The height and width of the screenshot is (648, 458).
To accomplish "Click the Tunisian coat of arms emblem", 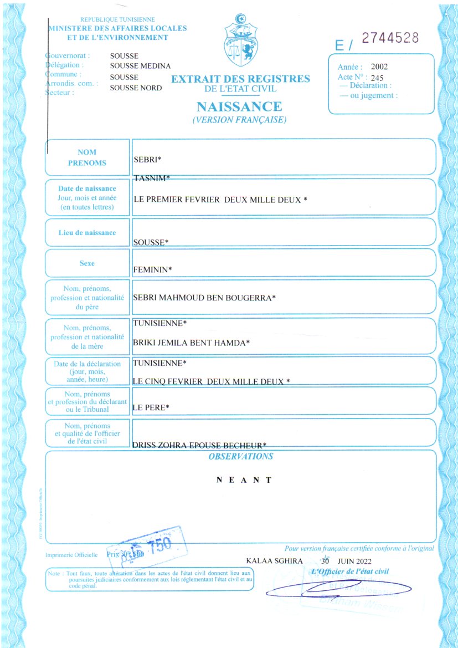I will pyautogui.click(x=240, y=38).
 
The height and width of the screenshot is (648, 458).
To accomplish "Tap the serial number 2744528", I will pyautogui.click(x=390, y=38).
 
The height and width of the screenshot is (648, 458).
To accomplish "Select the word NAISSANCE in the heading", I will pyautogui.click(x=239, y=106).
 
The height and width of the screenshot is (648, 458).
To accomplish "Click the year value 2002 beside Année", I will pyautogui.click(x=379, y=67).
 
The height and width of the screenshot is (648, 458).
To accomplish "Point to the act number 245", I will pyautogui.click(x=377, y=78).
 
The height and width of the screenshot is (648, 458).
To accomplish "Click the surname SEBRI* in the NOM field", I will pyautogui.click(x=147, y=160).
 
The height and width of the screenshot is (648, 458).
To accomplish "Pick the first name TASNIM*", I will pyautogui.click(x=152, y=177).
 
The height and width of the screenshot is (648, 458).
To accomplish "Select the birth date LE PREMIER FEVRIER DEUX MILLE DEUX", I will pyautogui.click(x=220, y=199).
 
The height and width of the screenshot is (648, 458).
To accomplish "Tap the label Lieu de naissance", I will pyautogui.click(x=88, y=232).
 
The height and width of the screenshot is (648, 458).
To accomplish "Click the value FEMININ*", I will pyautogui.click(x=153, y=269).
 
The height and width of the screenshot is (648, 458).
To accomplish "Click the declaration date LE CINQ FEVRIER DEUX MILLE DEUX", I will pyautogui.click(x=212, y=381).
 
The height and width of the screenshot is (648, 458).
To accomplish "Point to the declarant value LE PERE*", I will pyautogui.click(x=151, y=408).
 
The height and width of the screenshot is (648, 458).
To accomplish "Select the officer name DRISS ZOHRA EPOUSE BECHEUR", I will pyautogui.click(x=200, y=445).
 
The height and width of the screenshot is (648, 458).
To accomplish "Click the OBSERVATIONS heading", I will pyautogui.click(x=240, y=457).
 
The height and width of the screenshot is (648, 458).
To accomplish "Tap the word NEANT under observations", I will pyautogui.click(x=244, y=480).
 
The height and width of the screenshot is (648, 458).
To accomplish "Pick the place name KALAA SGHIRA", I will pyautogui.click(x=274, y=561).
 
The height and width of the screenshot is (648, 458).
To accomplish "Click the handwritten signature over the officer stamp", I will pyautogui.click(x=338, y=589).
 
